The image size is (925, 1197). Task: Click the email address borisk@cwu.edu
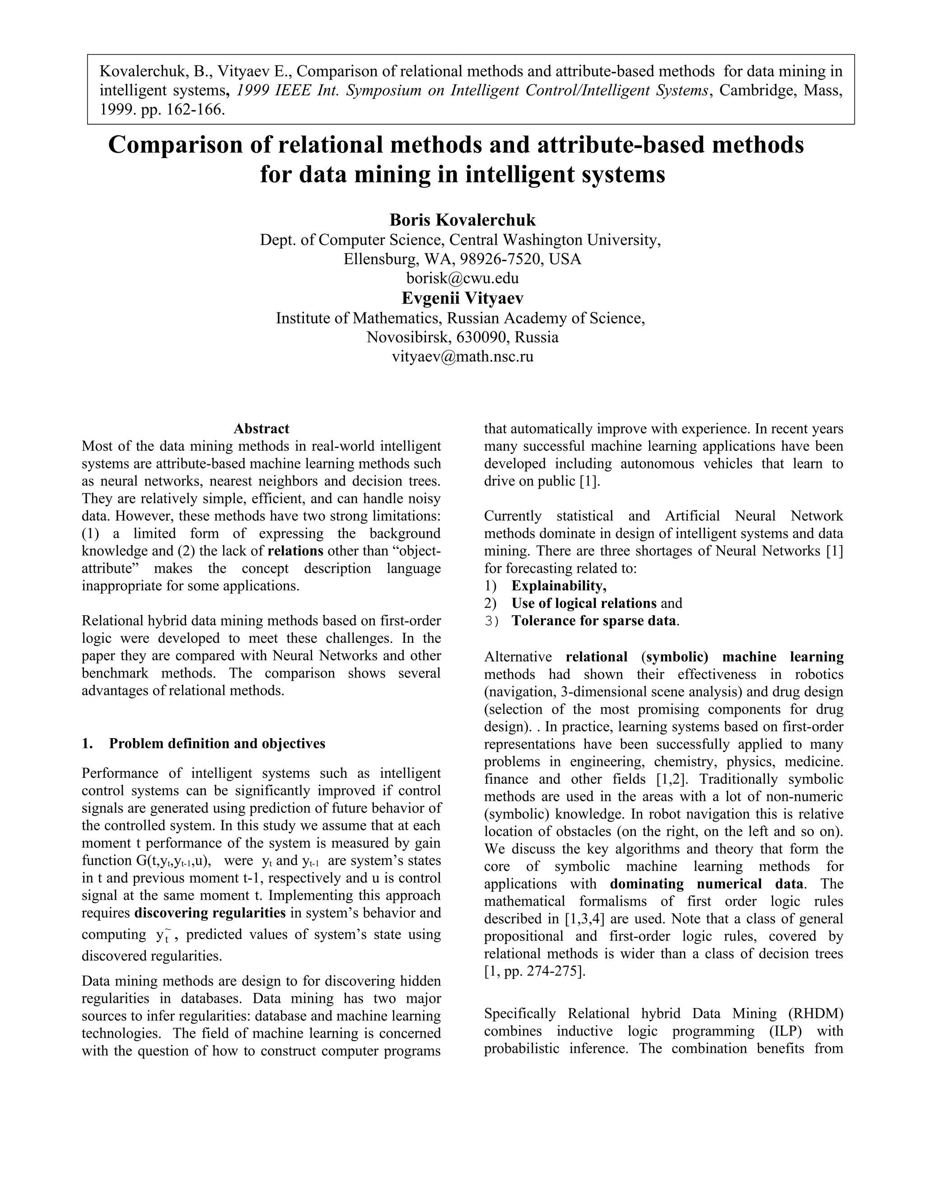pos(462,278)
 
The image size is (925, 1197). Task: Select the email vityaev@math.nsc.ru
pos(462,357)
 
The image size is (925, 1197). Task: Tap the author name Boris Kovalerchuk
pos(462,220)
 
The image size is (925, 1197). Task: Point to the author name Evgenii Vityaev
pos(462,298)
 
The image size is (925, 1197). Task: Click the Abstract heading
pos(262,429)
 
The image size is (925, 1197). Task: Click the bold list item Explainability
pos(558,586)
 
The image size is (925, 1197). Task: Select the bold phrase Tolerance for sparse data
pos(594,621)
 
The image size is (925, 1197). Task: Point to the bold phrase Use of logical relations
pos(584,603)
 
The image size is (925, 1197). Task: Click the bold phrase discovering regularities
pos(210,913)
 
